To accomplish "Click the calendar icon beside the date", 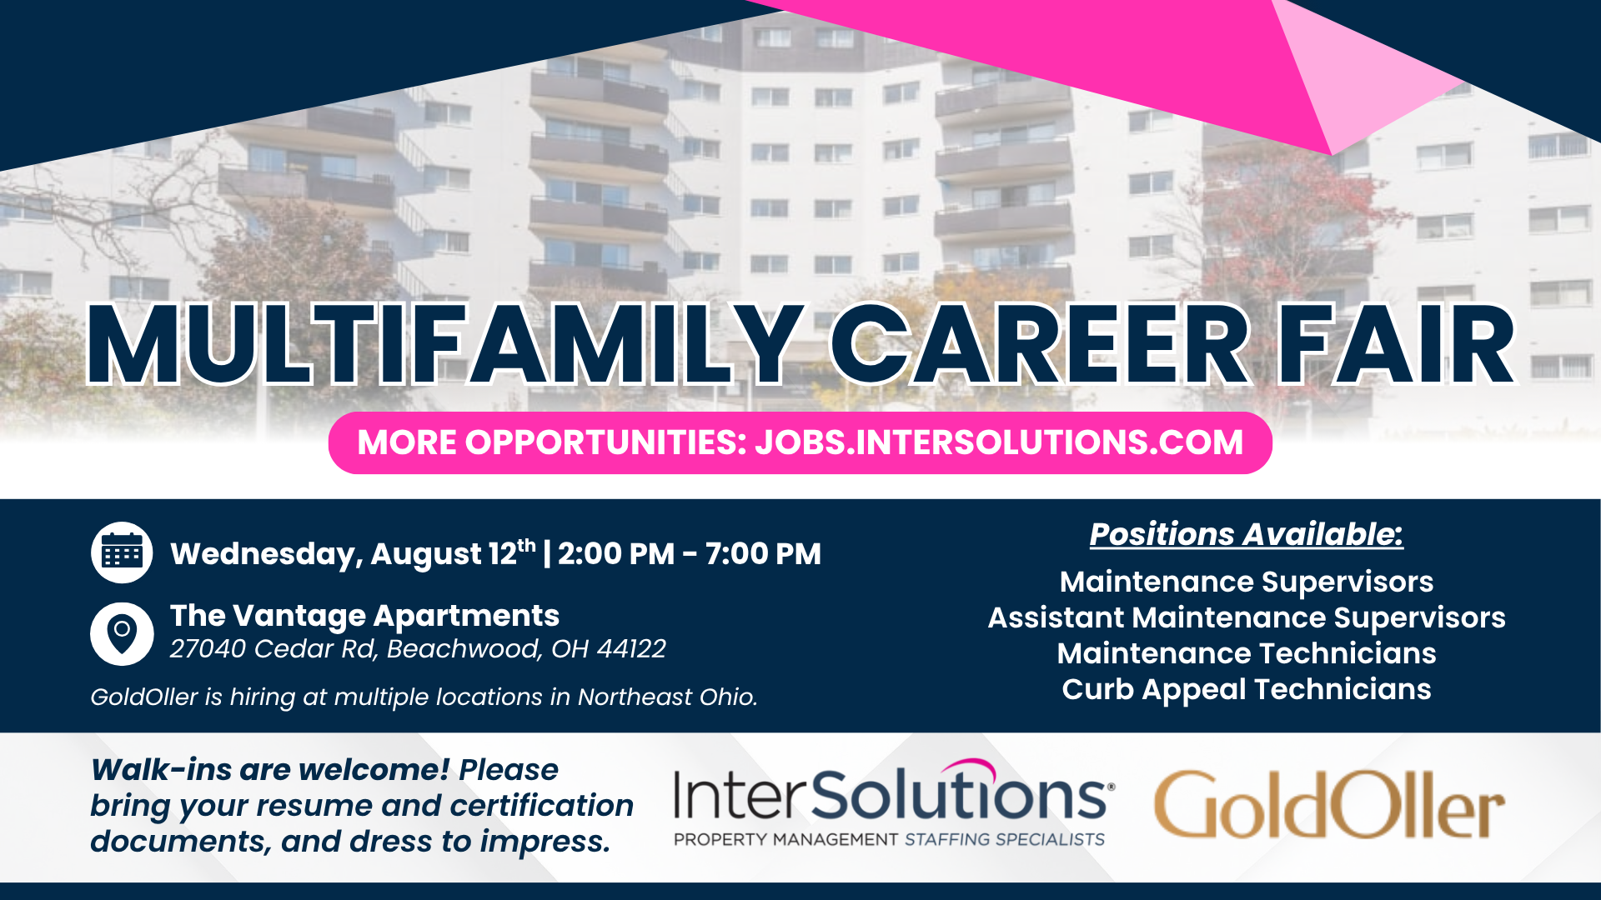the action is (x=122, y=552).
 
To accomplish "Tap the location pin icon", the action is (x=122, y=634).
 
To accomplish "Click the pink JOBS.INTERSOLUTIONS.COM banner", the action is (x=800, y=442).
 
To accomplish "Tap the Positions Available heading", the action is (x=1247, y=534).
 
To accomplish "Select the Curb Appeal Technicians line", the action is (x=1247, y=689).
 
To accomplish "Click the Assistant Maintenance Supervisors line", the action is (x=1247, y=617).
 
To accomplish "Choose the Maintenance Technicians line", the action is (x=1247, y=653).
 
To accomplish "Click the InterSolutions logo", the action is (x=893, y=803).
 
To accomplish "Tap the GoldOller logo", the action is (x=1329, y=804).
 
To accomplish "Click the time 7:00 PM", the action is (x=763, y=554).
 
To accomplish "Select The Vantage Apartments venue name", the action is (x=364, y=616).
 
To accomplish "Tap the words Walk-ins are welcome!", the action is (x=270, y=770).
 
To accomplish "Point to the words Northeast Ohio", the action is (x=668, y=697).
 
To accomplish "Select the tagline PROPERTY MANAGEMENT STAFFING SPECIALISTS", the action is (x=889, y=839).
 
